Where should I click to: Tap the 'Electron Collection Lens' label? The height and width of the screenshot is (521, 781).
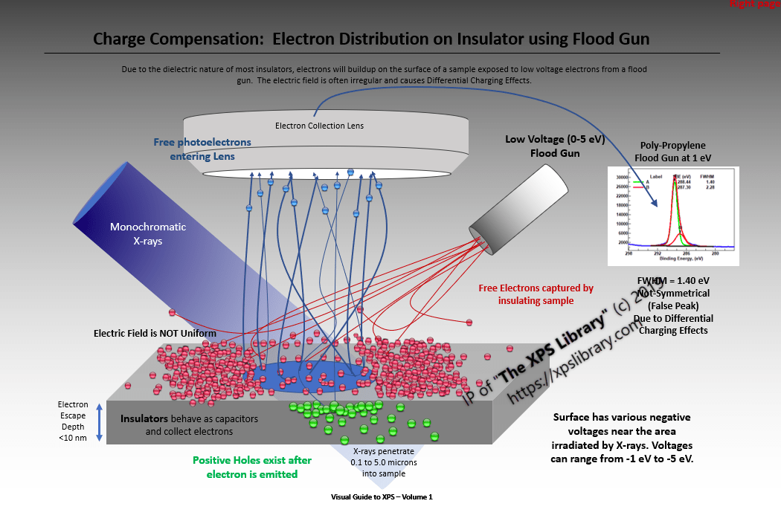319,126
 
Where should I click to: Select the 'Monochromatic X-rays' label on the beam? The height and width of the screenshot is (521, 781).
148,233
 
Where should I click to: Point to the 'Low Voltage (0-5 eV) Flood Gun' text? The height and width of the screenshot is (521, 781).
543,146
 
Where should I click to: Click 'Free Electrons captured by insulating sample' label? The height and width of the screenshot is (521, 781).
536,294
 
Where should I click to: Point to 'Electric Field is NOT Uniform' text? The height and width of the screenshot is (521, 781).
155,334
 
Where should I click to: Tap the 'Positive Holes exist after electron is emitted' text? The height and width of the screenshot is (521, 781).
252,467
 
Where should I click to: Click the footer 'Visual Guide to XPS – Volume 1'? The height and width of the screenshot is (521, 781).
382,496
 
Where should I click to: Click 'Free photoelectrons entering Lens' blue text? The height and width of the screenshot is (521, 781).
202,149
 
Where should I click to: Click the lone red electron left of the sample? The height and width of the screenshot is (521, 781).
173,313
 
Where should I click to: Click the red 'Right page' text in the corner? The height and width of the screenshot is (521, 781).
754,4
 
